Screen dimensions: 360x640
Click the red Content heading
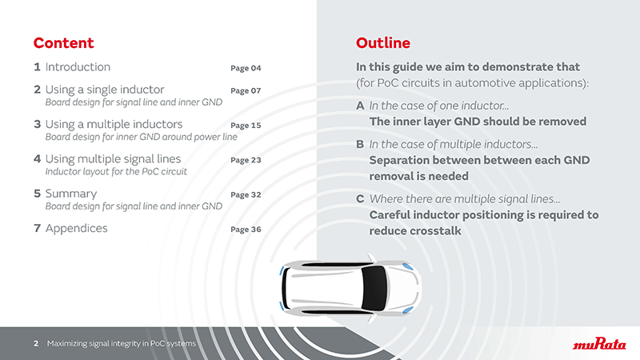(x=63, y=43)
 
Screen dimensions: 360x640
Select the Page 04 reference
(x=246, y=68)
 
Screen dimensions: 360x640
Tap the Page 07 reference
(x=246, y=90)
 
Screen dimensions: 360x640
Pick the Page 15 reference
(x=246, y=126)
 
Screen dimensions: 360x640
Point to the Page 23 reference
(x=246, y=160)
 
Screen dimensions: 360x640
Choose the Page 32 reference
(x=246, y=194)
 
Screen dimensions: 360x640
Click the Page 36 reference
(x=246, y=230)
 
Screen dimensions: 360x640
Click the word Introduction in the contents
(x=78, y=67)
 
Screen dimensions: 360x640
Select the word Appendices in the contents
(x=76, y=229)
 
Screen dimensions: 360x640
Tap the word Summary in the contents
(x=71, y=194)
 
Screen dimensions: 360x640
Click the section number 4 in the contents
(x=37, y=159)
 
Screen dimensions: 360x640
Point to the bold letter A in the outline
(x=360, y=106)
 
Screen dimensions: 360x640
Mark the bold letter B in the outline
(x=360, y=145)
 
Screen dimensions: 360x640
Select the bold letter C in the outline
(x=360, y=198)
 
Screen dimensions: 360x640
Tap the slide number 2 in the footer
(x=36, y=344)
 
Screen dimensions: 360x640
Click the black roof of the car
(x=373, y=285)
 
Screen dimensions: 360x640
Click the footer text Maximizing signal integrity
(x=120, y=344)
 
